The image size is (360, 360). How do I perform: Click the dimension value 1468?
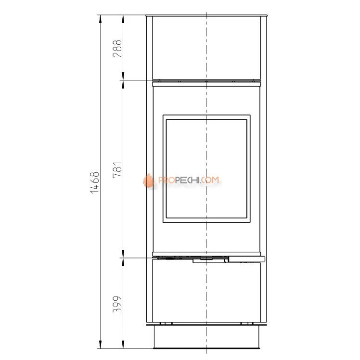[x=95, y=183]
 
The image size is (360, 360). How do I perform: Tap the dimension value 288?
[x=117, y=49]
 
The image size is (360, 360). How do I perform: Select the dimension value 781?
[x=117, y=170]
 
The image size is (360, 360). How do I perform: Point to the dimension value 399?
[x=117, y=304]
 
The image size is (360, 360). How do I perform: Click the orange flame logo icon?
[x=148, y=180]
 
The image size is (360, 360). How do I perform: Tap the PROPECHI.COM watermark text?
[x=189, y=180]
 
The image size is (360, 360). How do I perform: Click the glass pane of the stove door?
[x=206, y=168]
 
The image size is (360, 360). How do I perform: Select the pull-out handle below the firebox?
[x=246, y=259]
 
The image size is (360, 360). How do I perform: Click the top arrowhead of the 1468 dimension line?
[x=100, y=19]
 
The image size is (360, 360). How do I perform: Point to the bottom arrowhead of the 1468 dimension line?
[x=100, y=345]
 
